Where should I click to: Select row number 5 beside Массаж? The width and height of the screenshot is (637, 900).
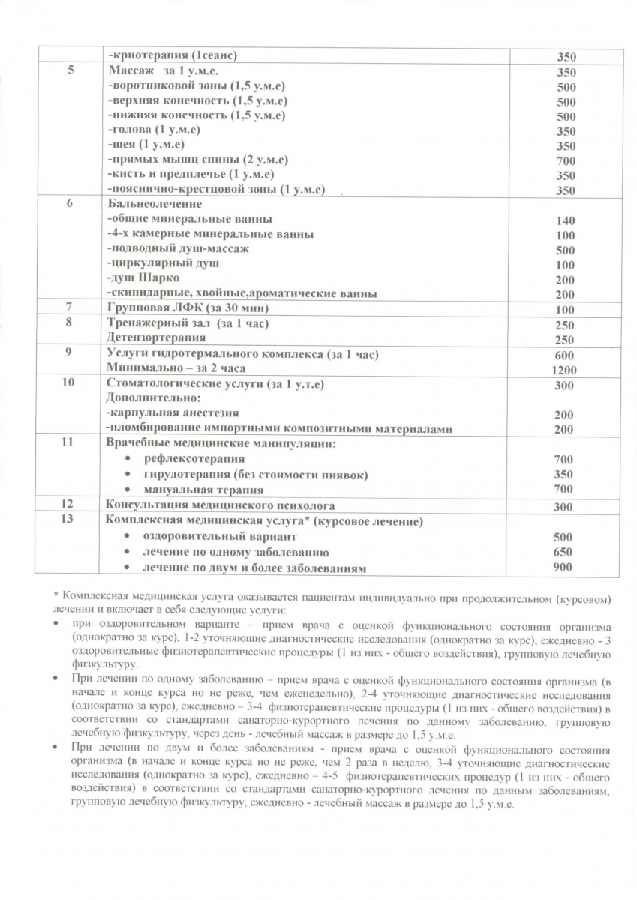click(x=71, y=71)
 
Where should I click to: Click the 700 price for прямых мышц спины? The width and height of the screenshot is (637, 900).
click(x=566, y=161)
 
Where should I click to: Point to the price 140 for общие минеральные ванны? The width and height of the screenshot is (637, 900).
click(x=566, y=220)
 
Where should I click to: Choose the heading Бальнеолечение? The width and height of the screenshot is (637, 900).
click(x=155, y=204)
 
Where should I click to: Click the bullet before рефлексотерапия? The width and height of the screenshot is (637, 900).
click(x=128, y=458)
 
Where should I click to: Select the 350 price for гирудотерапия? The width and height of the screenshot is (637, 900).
click(x=566, y=475)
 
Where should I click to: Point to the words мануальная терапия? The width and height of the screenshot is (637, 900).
click(x=193, y=489)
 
